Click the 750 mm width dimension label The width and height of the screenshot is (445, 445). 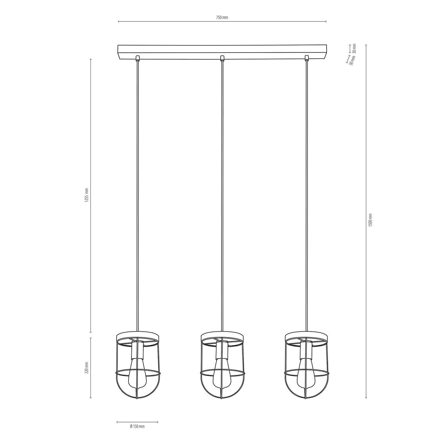click(x=222, y=17)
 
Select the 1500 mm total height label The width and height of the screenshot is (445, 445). click(x=370, y=220)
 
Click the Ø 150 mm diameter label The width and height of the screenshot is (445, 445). click(x=137, y=434)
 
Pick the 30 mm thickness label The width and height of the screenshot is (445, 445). click(x=354, y=48)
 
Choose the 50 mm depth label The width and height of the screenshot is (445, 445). click(x=352, y=60)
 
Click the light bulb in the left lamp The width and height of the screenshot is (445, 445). click(x=137, y=375)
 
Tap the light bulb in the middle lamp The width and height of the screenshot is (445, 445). click(x=222, y=375)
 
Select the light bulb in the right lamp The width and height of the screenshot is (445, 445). click(x=306, y=375)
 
